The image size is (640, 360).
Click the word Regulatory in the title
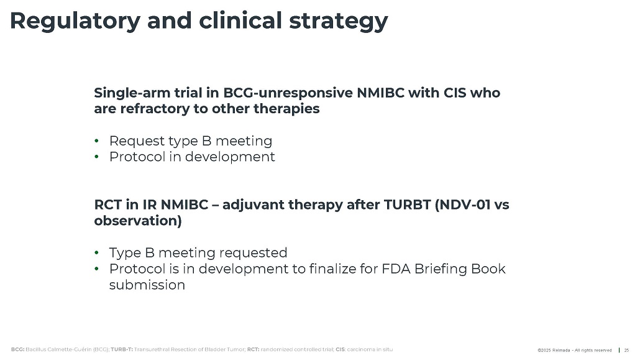coord(75,21)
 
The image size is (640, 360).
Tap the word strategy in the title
coord(339,21)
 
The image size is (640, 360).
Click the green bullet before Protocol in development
coord(97,157)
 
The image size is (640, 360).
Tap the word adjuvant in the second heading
coord(253,205)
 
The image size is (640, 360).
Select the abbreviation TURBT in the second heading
coord(408,205)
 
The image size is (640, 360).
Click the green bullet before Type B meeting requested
coord(97,253)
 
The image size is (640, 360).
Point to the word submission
coord(147,285)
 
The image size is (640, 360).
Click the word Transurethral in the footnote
coord(149,349)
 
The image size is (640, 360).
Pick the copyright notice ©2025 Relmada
coord(554,350)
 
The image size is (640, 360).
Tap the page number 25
coord(626,350)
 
